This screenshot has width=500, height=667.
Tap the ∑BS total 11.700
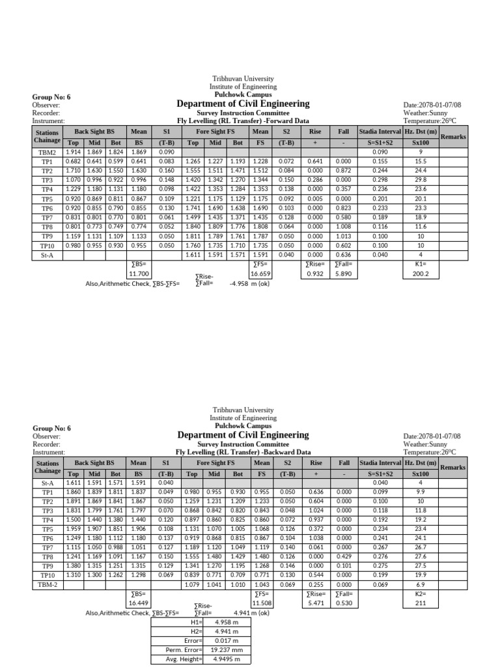[x=138, y=275]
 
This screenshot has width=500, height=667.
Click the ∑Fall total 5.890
[x=344, y=275]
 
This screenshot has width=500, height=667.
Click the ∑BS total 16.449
[x=138, y=603]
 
